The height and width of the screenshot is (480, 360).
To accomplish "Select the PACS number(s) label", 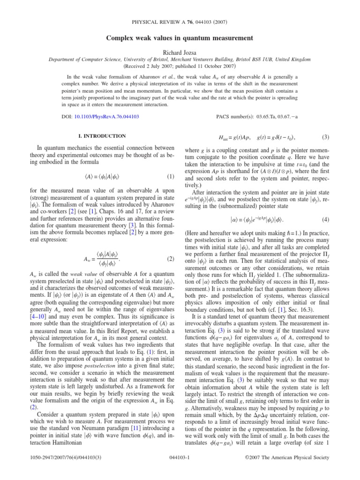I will [239, 115].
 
